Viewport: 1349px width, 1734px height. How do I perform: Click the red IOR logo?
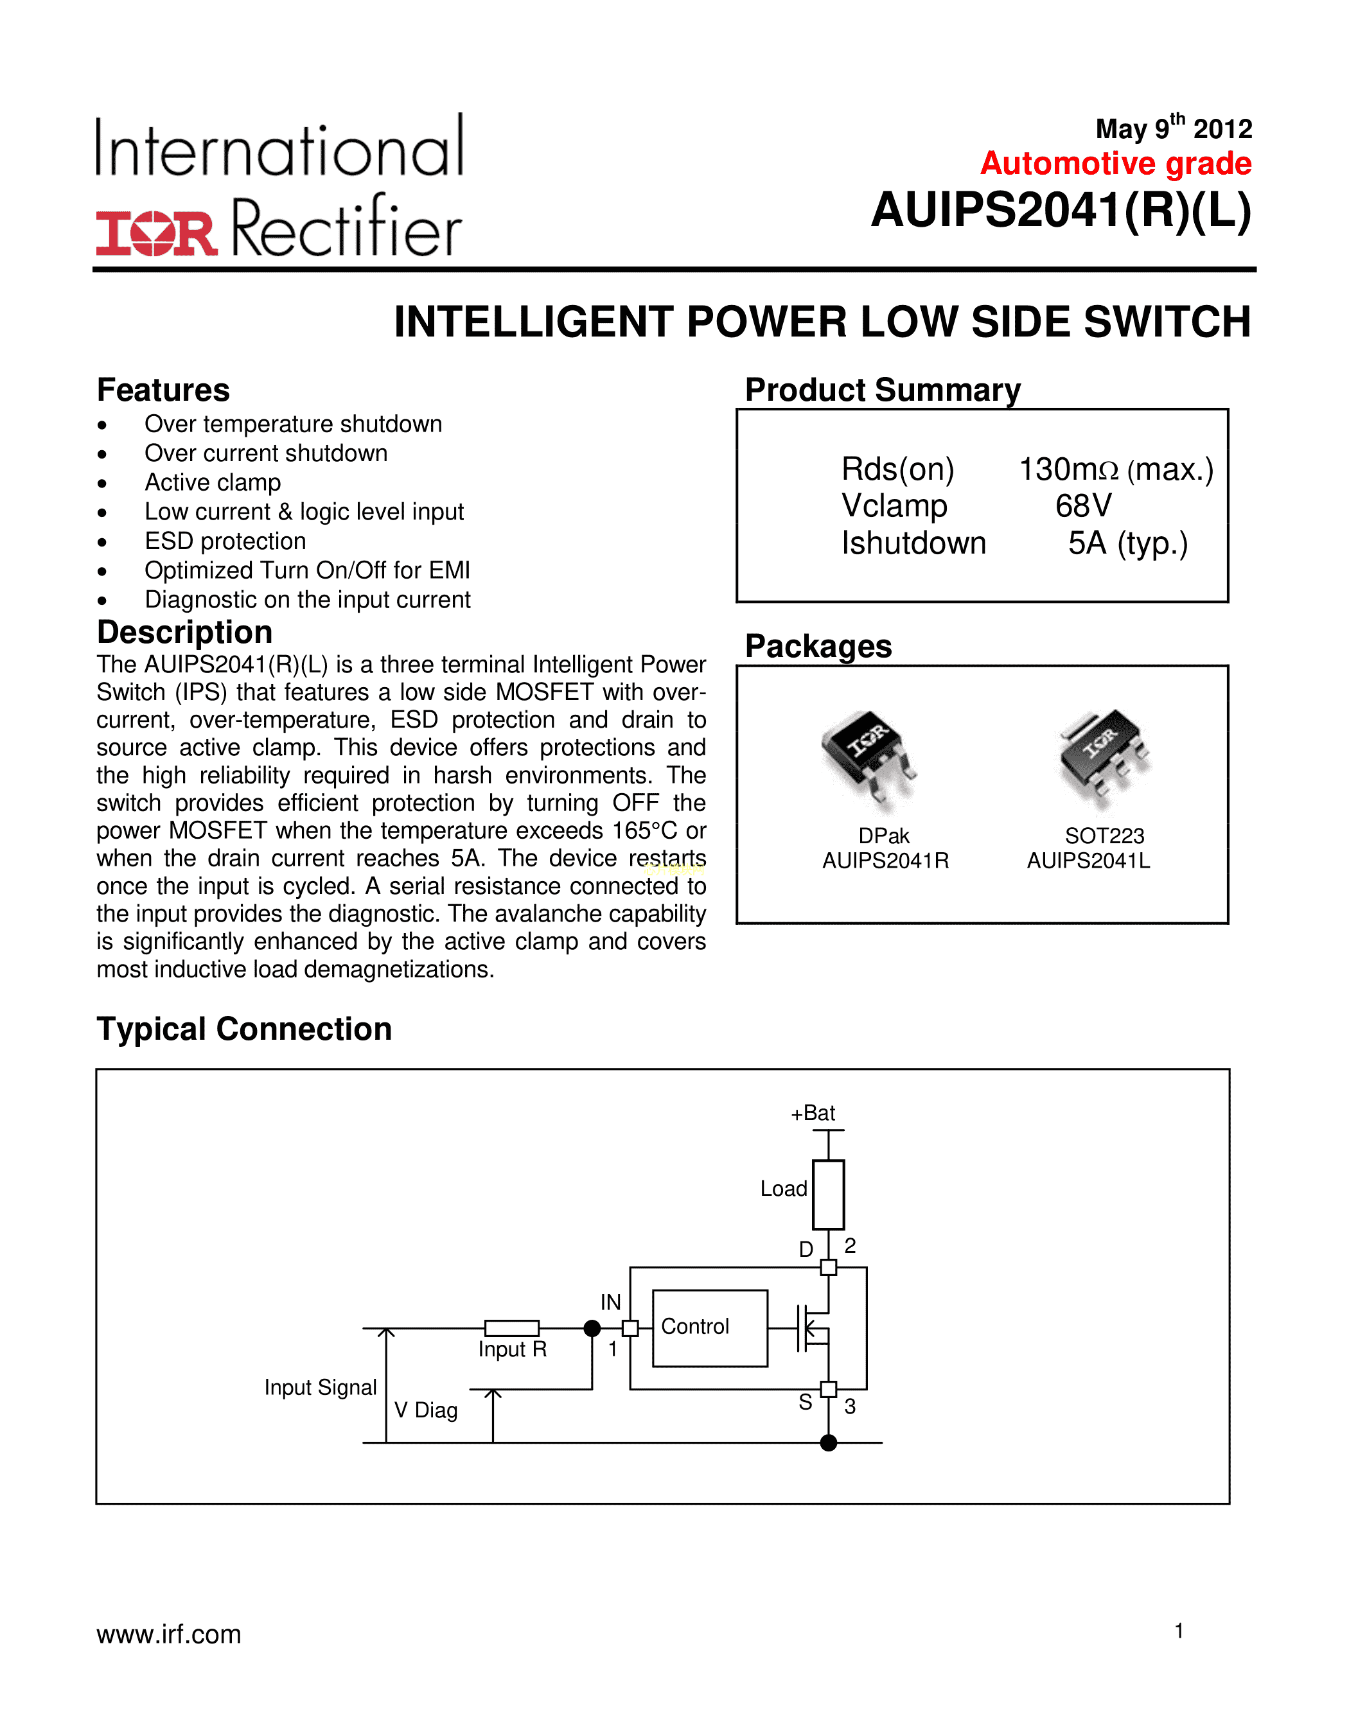(156, 233)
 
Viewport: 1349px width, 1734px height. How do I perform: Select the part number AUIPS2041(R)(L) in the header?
(1061, 211)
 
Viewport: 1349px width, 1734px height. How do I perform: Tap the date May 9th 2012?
(1173, 128)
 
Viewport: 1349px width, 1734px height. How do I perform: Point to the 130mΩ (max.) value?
(1116, 469)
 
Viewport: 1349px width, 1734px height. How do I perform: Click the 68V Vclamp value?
(1083, 506)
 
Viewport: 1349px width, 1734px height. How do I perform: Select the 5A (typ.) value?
(1127, 543)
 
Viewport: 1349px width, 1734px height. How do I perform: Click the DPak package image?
(868, 758)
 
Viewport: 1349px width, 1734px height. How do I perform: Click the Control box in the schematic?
(709, 1327)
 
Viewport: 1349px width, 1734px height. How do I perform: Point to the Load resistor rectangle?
(828, 1194)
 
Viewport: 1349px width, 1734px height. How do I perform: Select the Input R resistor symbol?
(511, 1327)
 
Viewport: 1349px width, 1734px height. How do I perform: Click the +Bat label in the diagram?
(813, 1113)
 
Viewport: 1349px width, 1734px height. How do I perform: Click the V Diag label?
(426, 1410)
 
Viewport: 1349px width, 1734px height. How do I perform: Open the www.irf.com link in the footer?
(169, 1634)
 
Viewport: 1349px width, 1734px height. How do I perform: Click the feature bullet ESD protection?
(225, 541)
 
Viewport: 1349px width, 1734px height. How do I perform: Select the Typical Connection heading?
(243, 1029)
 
